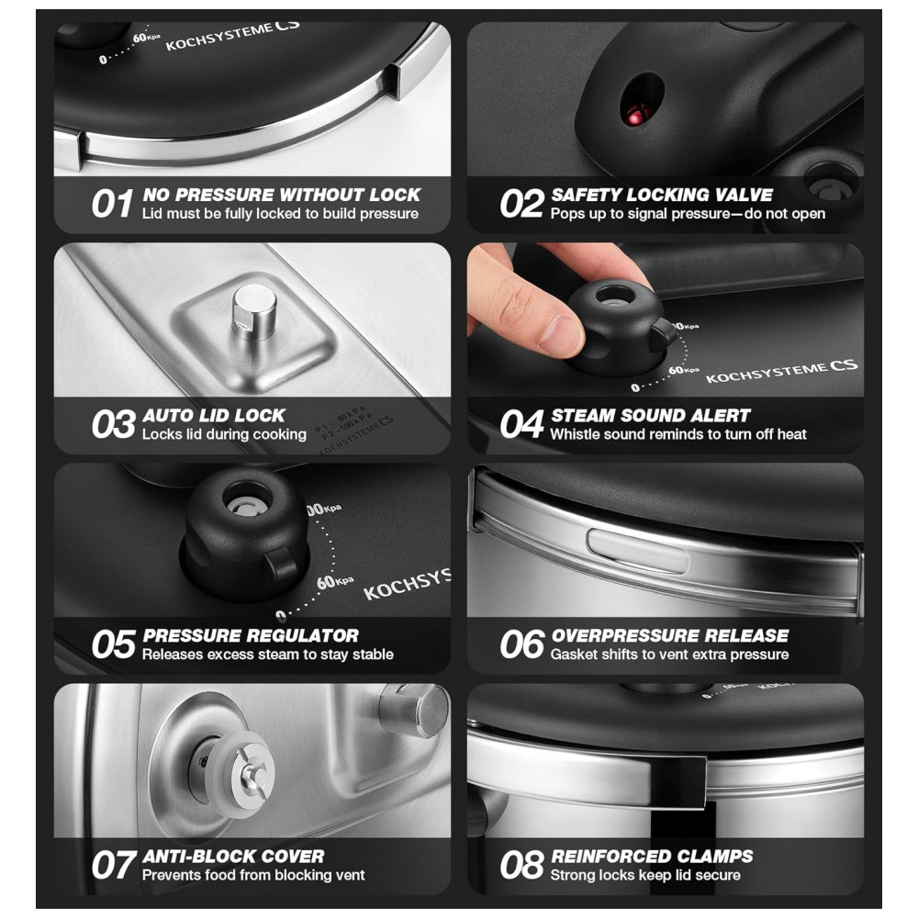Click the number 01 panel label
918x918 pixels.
tap(112, 205)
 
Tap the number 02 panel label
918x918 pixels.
tap(521, 205)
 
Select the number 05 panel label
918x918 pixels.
tap(114, 645)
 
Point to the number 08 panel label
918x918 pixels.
tap(521, 866)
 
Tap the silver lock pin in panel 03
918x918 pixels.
tap(254, 311)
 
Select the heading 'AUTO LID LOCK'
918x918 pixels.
tap(214, 416)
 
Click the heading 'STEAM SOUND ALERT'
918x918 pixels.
tap(651, 416)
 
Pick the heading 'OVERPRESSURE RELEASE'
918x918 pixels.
tap(670, 636)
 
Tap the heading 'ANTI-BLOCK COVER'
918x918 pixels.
tap(233, 856)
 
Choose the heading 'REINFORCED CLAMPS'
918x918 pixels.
tap(652, 856)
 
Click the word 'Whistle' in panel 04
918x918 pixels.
tap(572, 434)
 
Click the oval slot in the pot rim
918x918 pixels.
tap(639, 550)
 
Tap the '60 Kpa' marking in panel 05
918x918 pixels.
tap(335, 582)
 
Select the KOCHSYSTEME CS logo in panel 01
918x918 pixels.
tap(233, 36)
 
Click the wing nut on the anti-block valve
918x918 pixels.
tap(253, 774)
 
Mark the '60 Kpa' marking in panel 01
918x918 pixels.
tap(146, 38)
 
